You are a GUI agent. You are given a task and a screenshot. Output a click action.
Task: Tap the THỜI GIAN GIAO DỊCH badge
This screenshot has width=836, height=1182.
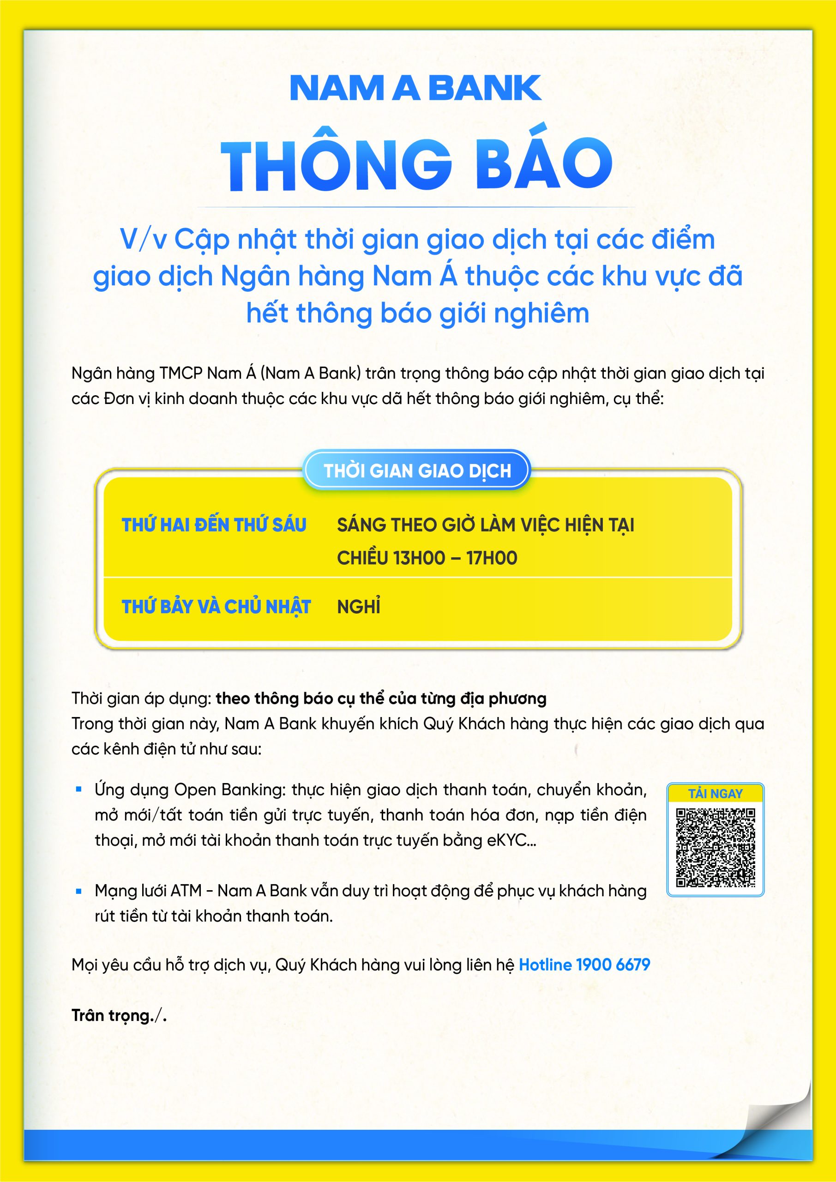(417, 470)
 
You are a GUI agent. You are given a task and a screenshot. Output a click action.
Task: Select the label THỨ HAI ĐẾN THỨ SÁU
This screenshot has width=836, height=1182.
(214, 525)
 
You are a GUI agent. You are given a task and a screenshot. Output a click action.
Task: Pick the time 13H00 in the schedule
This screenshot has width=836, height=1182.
(419, 558)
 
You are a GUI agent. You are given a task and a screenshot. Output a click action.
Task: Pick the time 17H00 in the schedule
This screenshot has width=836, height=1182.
(492, 558)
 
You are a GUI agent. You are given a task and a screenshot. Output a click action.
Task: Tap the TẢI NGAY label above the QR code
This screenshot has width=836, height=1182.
(715, 793)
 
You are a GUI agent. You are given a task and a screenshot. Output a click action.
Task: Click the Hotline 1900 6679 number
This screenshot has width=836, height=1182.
(584, 964)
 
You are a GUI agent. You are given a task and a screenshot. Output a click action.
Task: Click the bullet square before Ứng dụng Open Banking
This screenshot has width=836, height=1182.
(79, 789)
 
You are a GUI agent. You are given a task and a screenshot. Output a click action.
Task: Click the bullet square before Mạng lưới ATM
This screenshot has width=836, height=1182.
(79, 891)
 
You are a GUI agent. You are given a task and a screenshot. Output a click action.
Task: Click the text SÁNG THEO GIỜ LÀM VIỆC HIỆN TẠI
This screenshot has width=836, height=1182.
(486, 525)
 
